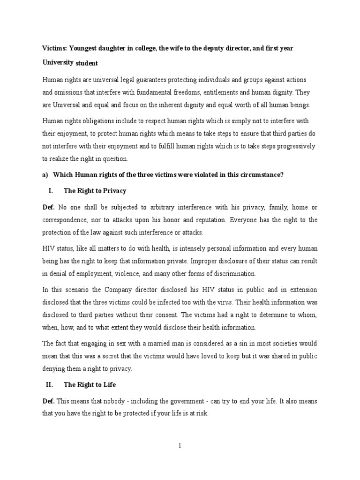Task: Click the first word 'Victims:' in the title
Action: click(x=55, y=48)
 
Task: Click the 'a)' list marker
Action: click(x=45, y=175)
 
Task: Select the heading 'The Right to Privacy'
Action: click(x=95, y=191)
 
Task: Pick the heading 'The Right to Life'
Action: click(x=90, y=385)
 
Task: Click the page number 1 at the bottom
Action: click(x=180, y=446)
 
